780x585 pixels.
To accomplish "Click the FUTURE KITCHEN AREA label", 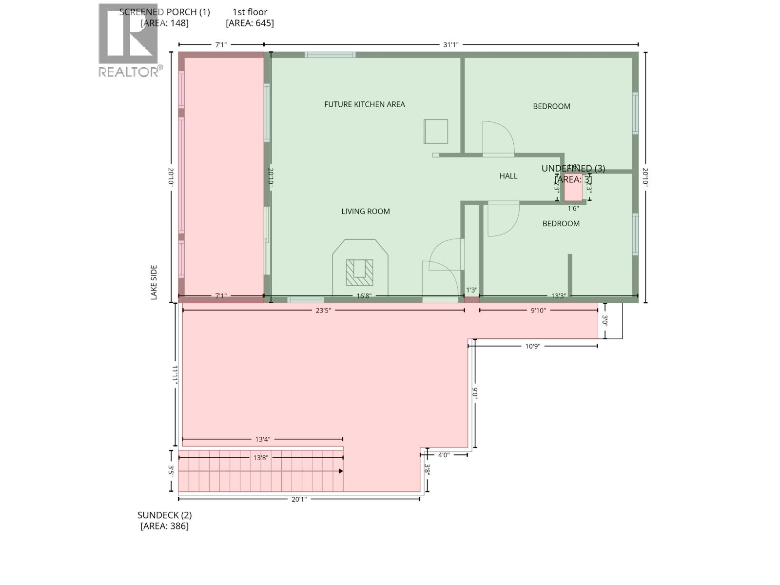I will point(364,104).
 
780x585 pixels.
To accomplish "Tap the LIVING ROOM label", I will point(365,211).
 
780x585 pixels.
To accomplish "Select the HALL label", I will point(508,176).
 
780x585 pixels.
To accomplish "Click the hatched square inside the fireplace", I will point(359,273).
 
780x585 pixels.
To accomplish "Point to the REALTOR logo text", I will point(129,72).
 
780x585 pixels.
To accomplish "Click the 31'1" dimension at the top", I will point(450,45).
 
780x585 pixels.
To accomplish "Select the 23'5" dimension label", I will point(323,311).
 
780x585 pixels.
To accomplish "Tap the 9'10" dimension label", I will point(538,311).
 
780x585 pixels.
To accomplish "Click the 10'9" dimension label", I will point(532,346).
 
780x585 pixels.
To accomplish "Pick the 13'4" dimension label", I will point(262,439).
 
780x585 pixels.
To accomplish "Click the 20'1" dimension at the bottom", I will point(299,499).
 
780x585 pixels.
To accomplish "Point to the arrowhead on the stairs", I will point(341,471).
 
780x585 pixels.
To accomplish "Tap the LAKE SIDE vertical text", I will point(154,282).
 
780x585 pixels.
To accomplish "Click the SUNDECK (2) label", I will point(164,515).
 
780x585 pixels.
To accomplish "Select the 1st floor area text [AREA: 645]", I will point(250,23).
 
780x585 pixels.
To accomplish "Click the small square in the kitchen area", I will point(435,131).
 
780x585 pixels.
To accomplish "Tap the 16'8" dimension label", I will point(364,296).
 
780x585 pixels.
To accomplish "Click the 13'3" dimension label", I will point(558,296).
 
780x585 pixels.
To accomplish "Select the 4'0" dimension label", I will point(443,455).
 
